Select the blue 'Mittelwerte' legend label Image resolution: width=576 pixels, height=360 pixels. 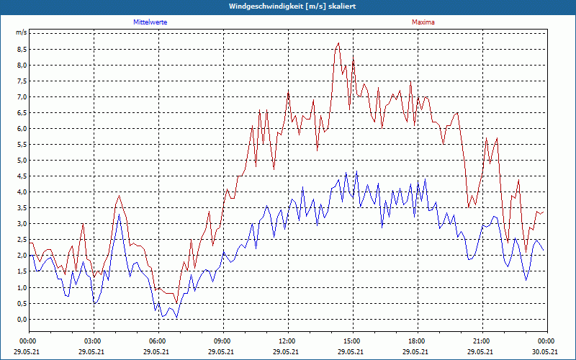point(150,22)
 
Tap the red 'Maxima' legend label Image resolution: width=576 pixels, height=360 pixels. point(423,22)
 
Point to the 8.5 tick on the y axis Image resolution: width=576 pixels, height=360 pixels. point(22,50)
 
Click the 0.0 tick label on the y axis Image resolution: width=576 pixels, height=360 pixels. point(22,319)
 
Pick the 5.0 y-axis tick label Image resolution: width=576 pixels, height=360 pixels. point(22,161)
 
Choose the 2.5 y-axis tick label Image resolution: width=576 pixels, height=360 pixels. point(22,240)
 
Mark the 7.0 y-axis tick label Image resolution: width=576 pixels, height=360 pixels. point(22,97)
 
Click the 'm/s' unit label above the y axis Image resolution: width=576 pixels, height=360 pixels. point(21,33)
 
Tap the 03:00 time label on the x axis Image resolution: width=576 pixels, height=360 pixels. point(93,341)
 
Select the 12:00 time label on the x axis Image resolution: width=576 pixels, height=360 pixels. point(287,341)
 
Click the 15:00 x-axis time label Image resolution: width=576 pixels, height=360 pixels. point(352,341)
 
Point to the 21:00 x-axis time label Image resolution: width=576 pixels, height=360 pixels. point(482,341)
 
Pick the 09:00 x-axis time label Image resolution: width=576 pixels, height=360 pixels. point(222,341)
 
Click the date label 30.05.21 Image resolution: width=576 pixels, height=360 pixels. point(546,352)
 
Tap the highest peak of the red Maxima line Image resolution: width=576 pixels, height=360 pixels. point(338,43)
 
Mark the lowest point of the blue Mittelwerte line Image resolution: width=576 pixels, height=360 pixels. point(176,318)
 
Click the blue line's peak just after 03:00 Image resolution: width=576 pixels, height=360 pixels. point(119,215)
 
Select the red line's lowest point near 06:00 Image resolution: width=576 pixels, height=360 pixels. point(176,303)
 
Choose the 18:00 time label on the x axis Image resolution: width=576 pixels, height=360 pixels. point(417,341)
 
